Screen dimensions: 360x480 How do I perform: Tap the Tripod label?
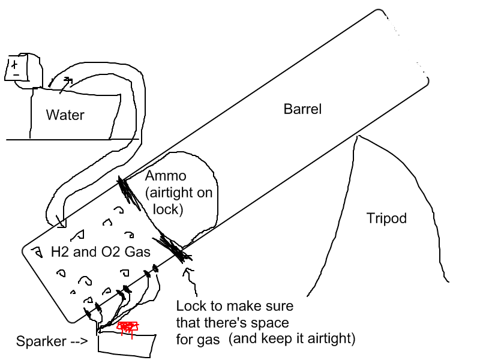[386, 218]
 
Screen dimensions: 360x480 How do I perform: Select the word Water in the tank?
[65, 115]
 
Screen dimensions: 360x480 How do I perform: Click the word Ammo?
[166, 177]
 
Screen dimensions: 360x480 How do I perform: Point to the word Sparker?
[41, 341]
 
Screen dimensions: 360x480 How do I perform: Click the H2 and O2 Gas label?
[100, 253]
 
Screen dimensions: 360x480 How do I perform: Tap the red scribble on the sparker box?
[127, 327]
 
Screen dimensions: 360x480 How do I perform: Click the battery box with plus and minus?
[17, 68]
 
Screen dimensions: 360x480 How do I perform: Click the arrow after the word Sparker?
[76, 341]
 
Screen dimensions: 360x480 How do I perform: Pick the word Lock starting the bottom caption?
[190, 306]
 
